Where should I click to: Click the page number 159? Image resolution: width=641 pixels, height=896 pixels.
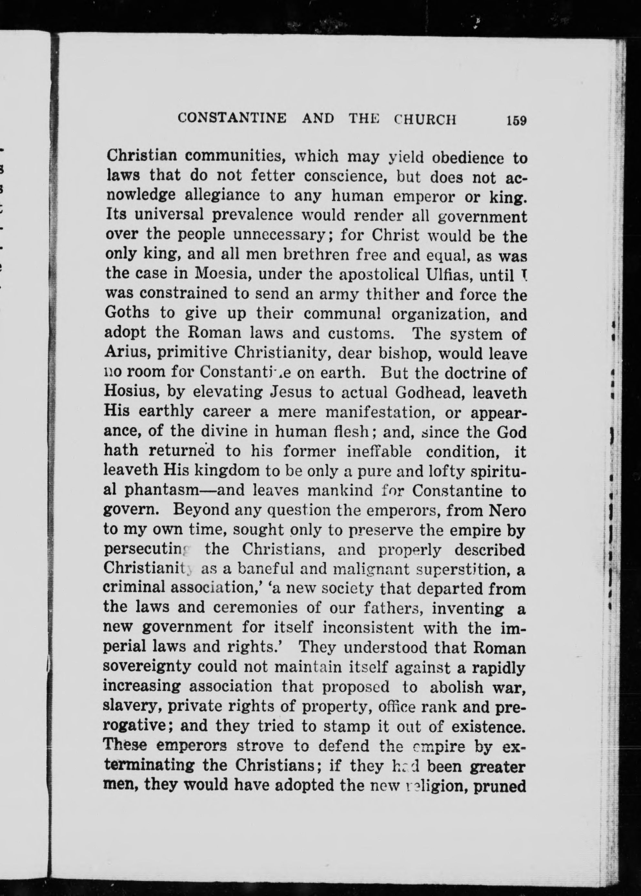click(x=517, y=120)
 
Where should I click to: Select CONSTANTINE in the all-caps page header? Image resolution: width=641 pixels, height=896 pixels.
click(x=232, y=118)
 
